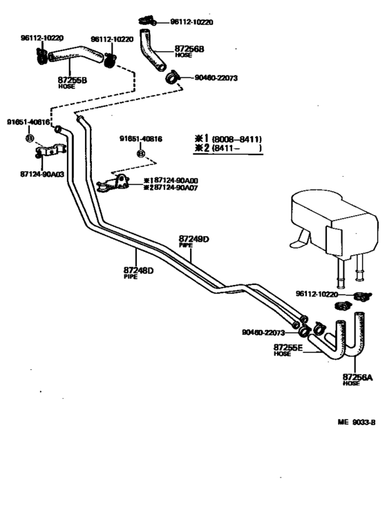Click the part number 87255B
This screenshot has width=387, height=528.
pyautogui.click(x=72, y=80)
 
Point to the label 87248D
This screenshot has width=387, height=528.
pyautogui.click(x=138, y=270)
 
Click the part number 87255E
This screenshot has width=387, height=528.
pyautogui.click(x=287, y=346)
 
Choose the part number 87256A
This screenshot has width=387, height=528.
pyautogui.click(x=357, y=377)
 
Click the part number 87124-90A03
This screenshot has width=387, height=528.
pyautogui.click(x=42, y=174)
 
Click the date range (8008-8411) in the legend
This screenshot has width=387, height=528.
pyautogui.click(x=236, y=138)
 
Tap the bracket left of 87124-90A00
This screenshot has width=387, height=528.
pyautogui.click(x=115, y=184)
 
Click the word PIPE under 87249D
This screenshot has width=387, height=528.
pyautogui.click(x=185, y=246)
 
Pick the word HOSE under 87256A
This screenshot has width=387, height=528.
pyautogui.click(x=351, y=384)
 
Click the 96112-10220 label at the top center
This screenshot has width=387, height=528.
pyautogui.click(x=189, y=22)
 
